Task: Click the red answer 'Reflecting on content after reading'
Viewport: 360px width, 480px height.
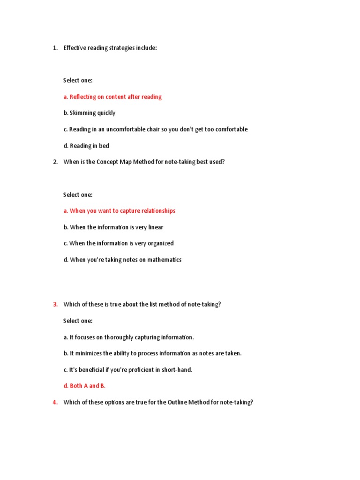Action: click(112, 97)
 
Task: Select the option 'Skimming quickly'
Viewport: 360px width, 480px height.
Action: click(90, 113)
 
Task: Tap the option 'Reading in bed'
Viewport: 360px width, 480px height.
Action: click(86, 146)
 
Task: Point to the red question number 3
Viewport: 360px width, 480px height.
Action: click(55, 305)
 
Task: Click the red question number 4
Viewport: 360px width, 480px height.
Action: click(55, 402)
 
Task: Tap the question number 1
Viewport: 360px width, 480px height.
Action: click(55, 48)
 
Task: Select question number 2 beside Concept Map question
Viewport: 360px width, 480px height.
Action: click(55, 162)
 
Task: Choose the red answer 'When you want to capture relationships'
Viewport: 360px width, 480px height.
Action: click(120, 211)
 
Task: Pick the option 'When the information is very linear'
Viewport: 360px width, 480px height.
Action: click(113, 227)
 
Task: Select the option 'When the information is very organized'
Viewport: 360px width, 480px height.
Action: click(119, 243)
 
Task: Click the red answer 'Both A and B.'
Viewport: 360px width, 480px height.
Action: click(85, 386)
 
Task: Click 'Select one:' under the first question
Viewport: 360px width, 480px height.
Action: click(78, 81)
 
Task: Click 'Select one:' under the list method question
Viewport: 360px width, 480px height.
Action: click(78, 321)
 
